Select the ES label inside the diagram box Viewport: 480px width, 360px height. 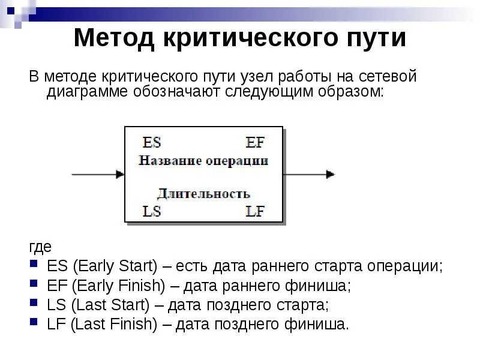point(152,143)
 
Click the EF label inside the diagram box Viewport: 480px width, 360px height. point(255,143)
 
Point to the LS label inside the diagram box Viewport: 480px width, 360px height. point(152,211)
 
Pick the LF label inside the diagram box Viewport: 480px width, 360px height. point(255,211)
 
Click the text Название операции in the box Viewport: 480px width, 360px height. point(203,161)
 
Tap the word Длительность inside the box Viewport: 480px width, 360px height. point(203,194)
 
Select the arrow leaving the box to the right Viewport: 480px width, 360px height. point(309,175)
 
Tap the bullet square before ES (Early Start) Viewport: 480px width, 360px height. point(34,265)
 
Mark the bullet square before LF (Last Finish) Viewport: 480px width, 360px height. point(34,324)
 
